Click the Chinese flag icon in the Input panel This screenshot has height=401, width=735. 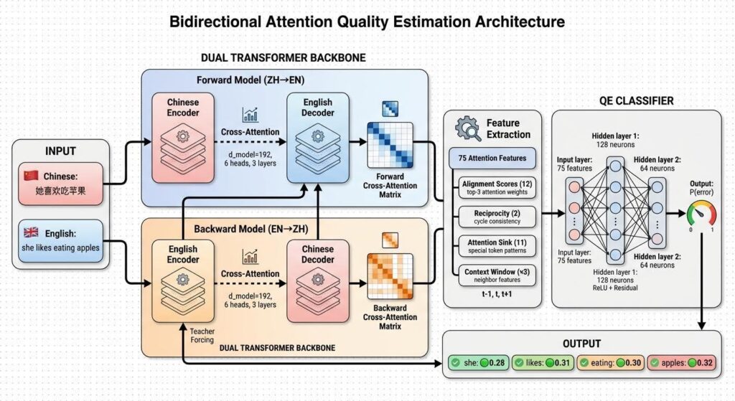(x=31, y=176)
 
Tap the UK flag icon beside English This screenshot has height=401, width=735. (x=31, y=233)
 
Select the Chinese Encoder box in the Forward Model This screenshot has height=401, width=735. (x=182, y=133)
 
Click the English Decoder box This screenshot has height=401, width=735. (x=317, y=133)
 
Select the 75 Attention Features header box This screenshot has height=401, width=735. (x=492, y=158)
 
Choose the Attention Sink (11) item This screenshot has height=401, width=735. (x=497, y=247)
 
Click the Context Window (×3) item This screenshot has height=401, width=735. (x=497, y=275)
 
